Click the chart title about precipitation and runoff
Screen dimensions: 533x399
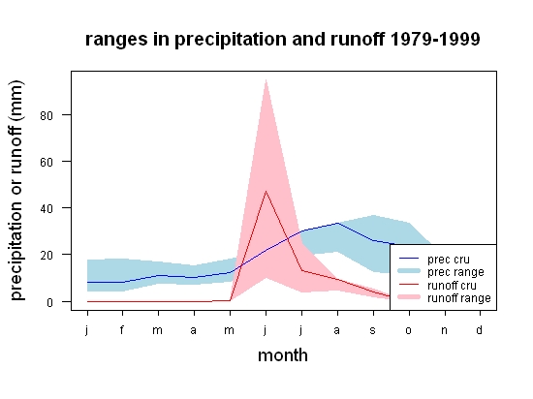(282, 40)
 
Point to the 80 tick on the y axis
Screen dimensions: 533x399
(47, 116)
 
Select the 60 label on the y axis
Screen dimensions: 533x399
(47, 163)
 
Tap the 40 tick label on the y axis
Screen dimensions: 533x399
(47, 209)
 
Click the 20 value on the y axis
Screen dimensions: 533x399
(47, 256)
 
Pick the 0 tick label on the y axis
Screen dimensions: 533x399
(49, 302)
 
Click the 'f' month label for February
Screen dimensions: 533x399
(122, 329)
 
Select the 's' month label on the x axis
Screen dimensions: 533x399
(373, 330)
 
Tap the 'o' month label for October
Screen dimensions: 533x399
(409, 330)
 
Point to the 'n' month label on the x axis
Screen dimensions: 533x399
(444, 330)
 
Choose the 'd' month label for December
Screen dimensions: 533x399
(479, 329)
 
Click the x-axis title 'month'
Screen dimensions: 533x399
(283, 355)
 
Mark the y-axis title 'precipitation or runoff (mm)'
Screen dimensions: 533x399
(16, 191)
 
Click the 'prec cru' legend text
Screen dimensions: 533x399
(449, 260)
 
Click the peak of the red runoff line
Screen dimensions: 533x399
(266, 191)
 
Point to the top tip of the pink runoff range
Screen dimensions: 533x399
(266, 79)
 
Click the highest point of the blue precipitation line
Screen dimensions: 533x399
(337, 223)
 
